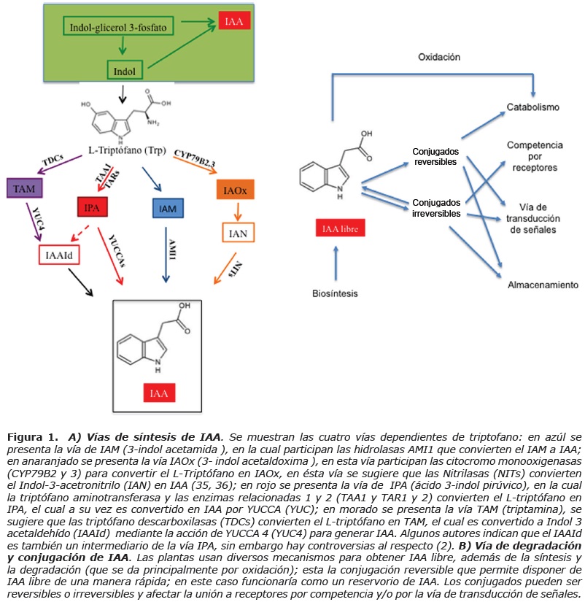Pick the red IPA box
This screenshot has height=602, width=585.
93,208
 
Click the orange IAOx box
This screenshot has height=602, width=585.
236,191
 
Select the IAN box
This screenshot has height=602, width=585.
238,234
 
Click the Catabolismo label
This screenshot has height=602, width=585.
533,108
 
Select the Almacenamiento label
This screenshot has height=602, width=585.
543,285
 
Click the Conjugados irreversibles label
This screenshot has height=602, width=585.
436,207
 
